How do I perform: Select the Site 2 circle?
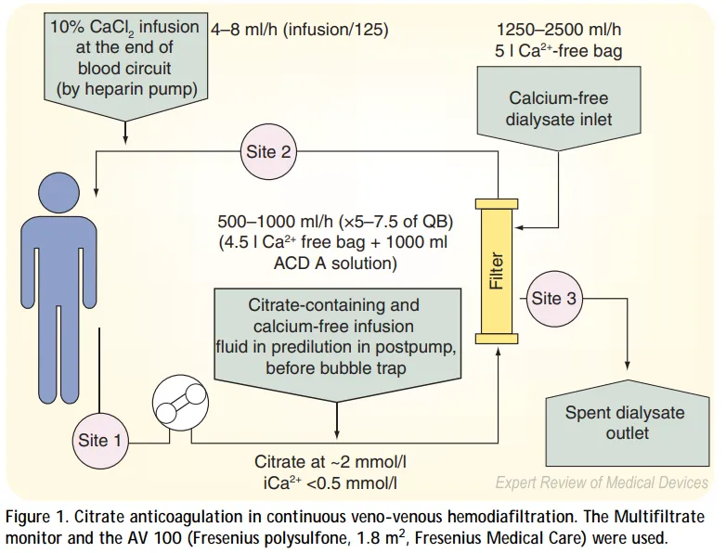tap(267, 151)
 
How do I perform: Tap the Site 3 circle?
tap(553, 298)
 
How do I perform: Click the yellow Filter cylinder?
tap(496, 270)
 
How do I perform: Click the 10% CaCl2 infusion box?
tap(125, 58)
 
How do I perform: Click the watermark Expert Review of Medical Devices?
tap(601, 482)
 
